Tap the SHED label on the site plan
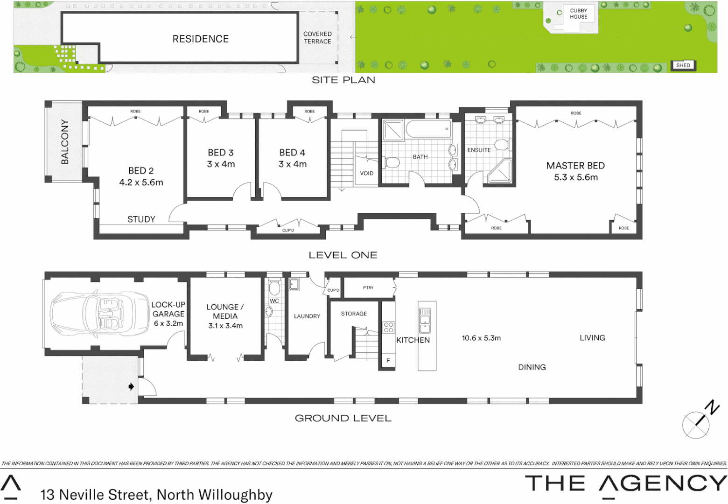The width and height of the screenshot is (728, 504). (x=683, y=65)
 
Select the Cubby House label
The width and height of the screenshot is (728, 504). (x=578, y=14)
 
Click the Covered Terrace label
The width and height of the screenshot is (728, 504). (x=317, y=38)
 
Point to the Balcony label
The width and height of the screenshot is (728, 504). (x=65, y=142)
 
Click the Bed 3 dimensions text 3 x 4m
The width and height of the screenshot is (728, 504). (x=221, y=164)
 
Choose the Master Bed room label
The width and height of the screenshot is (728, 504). (x=575, y=166)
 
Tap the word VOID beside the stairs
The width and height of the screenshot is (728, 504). (x=366, y=173)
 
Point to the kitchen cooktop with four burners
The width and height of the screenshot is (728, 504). (x=388, y=327)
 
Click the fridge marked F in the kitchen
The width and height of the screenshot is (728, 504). (x=388, y=361)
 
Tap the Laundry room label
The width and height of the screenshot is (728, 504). (x=307, y=316)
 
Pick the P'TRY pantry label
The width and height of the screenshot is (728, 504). (x=368, y=287)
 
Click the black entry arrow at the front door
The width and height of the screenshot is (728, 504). (x=131, y=386)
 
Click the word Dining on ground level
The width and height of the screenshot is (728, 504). (x=532, y=367)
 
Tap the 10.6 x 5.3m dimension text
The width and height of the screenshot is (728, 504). (x=481, y=338)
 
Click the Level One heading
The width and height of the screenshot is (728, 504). (x=343, y=255)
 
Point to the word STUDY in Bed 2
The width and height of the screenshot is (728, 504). (x=141, y=219)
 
